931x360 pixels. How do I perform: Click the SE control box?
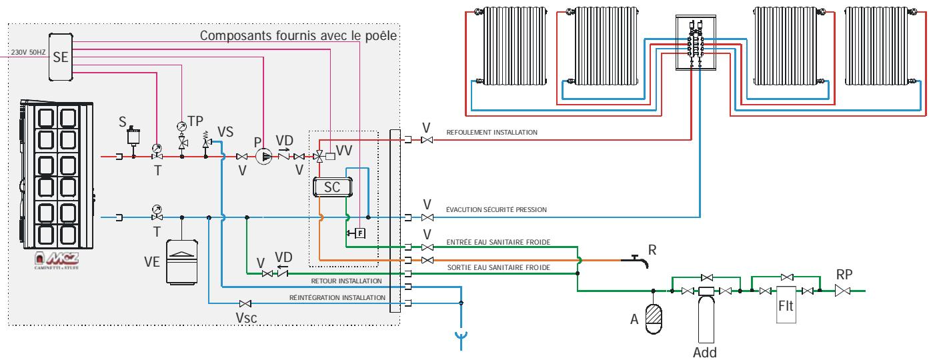pos(61,57)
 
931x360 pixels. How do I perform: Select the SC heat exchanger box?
pos(331,188)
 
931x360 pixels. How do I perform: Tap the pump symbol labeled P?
pos(264,157)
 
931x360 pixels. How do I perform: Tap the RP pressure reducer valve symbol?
pos(844,291)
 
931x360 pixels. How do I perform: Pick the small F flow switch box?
pos(360,233)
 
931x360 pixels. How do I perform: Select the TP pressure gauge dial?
pos(181,127)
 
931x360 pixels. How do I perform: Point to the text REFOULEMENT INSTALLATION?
pos(492,133)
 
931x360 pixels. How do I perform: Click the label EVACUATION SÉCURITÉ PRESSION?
pos(496,210)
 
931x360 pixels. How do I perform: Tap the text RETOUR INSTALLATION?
pos(346,281)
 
